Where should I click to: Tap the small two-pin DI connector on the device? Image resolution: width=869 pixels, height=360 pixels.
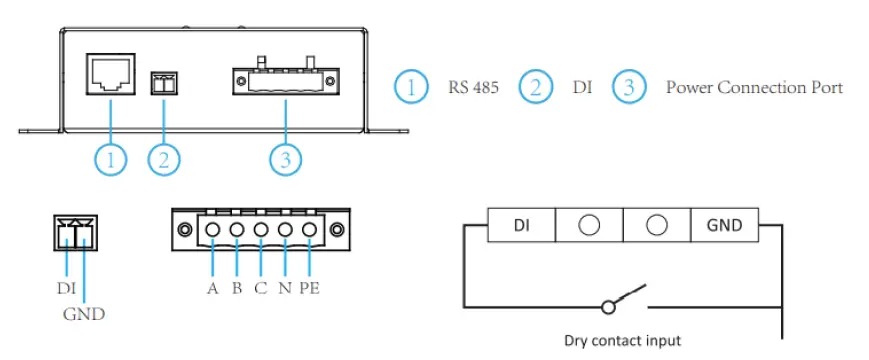[x=163, y=85]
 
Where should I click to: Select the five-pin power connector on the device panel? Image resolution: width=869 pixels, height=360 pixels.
[x=286, y=81]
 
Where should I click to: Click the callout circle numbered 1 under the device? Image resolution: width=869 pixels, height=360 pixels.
[x=111, y=158]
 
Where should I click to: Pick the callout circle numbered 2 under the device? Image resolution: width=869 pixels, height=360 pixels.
[x=165, y=158]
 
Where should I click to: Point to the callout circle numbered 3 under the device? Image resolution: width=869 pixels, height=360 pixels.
[x=287, y=158]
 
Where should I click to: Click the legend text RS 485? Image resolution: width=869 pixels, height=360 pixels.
[x=472, y=87]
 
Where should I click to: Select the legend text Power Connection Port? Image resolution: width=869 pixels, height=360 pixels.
[x=754, y=87]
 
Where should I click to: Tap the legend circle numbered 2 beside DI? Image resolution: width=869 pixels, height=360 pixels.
[x=536, y=87]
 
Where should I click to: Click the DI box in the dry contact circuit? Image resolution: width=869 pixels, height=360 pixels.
[x=521, y=225]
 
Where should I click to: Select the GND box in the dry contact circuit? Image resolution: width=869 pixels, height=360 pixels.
[x=724, y=225]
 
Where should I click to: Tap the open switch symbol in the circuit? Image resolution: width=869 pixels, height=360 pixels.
[x=620, y=301]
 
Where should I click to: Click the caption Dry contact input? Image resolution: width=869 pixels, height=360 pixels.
[x=620, y=340]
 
